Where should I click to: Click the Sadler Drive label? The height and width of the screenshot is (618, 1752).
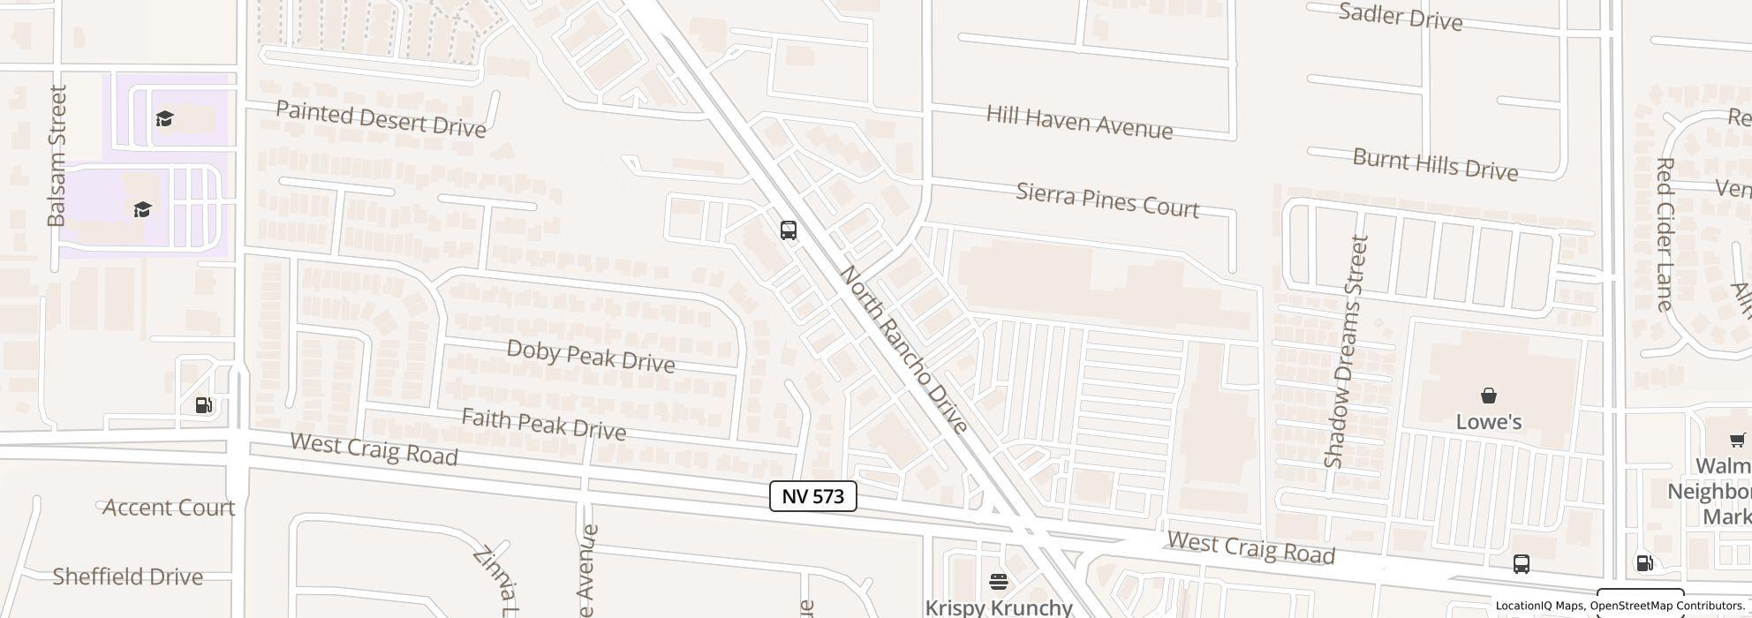[x=1401, y=17]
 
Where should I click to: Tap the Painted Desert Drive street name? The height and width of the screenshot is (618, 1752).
[x=381, y=119]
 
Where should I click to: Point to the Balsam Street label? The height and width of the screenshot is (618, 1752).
[x=57, y=155]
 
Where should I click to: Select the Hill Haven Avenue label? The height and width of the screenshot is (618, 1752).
[x=1079, y=122]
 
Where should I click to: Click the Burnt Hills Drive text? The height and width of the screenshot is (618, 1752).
[x=1435, y=164]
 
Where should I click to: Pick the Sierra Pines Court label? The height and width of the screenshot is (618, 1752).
[x=1107, y=200]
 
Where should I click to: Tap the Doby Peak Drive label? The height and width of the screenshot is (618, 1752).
[x=591, y=356]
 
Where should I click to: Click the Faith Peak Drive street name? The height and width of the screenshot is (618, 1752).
[x=543, y=425]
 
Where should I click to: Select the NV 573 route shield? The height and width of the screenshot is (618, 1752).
[x=812, y=496]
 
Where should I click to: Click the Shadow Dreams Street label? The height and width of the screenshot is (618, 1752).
[x=1346, y=351]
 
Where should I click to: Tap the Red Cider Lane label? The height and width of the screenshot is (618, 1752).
[x=1665, y=234]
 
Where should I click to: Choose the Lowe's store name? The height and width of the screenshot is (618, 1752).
[x=1488, y=422]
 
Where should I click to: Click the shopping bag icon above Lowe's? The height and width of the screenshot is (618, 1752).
[x=1488, y=396]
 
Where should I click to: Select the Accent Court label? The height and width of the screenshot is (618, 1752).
[x=169, y=508]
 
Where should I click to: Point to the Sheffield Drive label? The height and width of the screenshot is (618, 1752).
[x=128, y=577]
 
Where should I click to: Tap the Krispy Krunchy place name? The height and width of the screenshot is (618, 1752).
[x=998, y=607]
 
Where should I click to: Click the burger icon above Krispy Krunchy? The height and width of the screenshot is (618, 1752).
[x=998, y=581]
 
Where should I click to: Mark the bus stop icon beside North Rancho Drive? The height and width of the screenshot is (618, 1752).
[x=789, y=230]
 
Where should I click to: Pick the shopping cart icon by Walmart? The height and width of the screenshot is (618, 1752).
[x=1736, y=440]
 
